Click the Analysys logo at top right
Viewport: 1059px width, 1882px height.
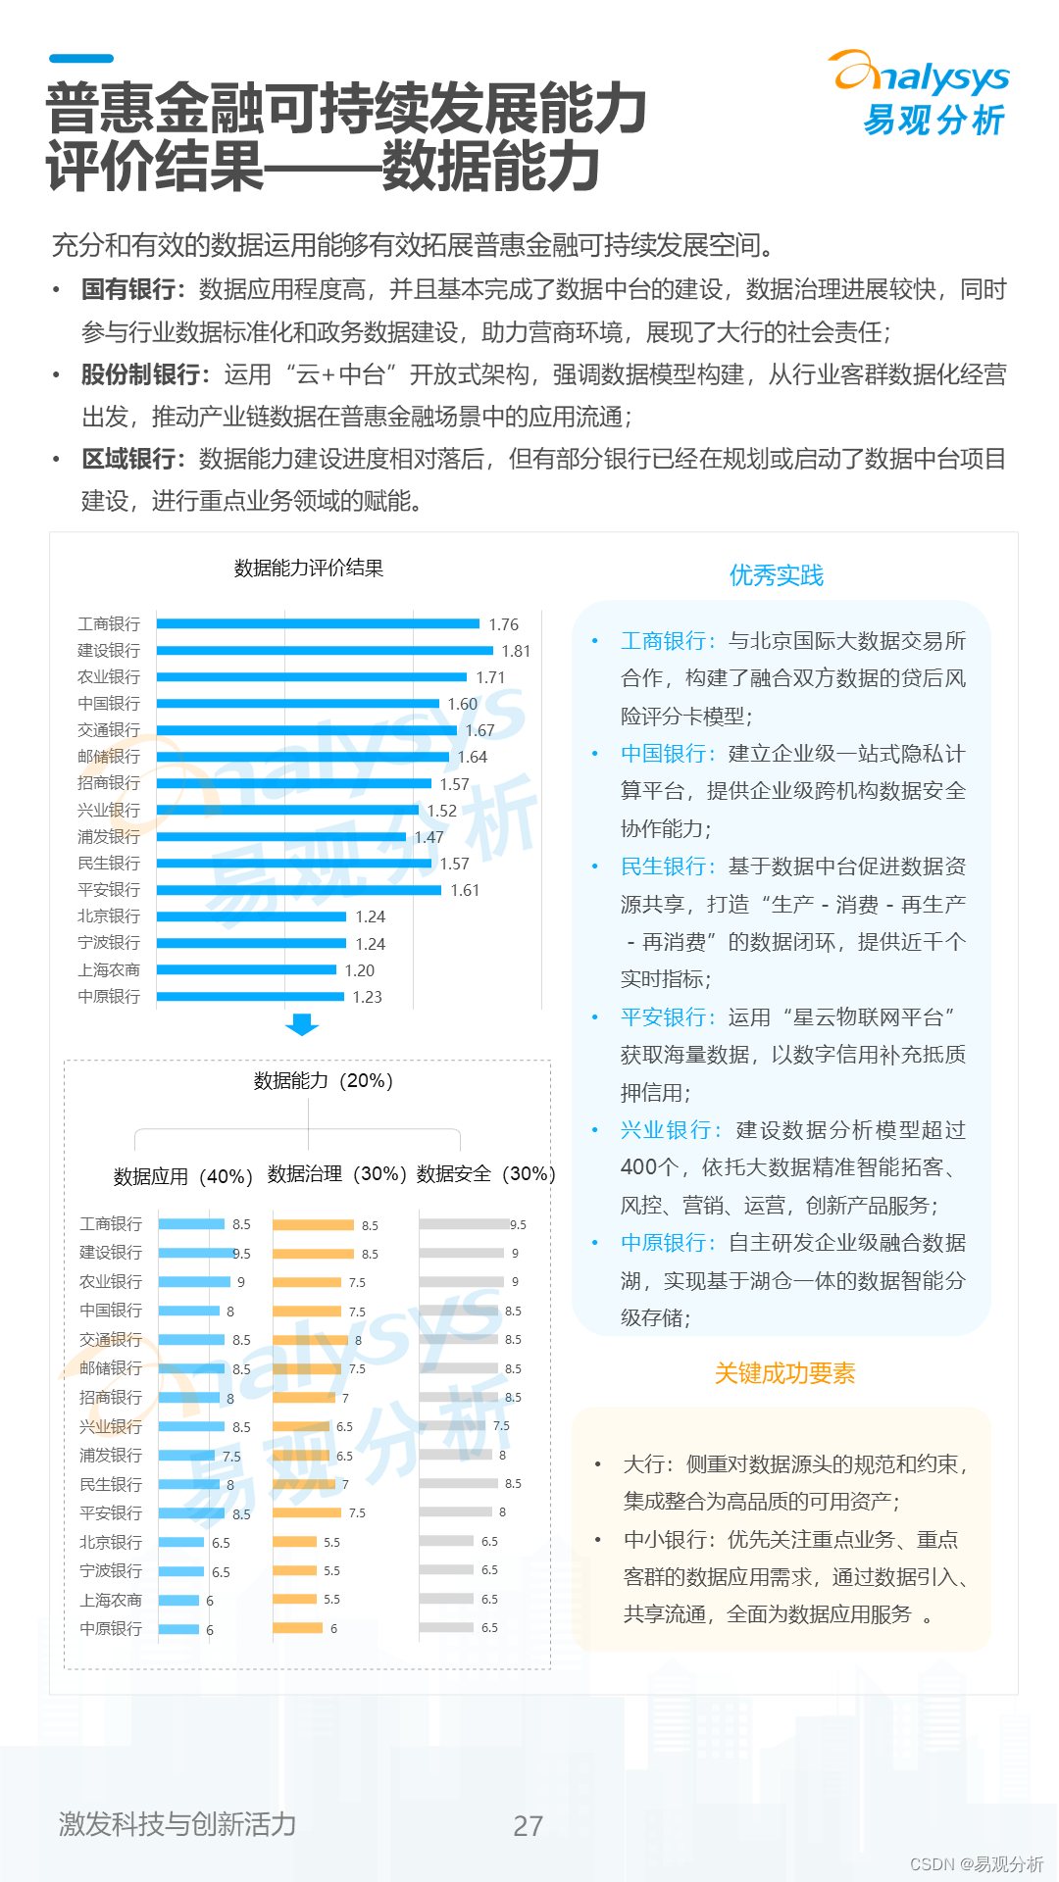pyautogui.click(x=921, y=93)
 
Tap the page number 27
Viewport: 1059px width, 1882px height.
pyautogui.click(x=528, y=1825)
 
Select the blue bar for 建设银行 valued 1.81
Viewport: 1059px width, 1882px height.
pyautogui.click(x=325, y=651)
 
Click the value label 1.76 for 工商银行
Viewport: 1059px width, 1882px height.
pyautogui.click(x=503, y=624)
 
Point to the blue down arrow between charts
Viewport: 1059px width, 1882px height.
pyautogui.click(x=302, y=1025)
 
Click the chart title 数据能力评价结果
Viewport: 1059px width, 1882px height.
pyautogui.click(x=308, y=569)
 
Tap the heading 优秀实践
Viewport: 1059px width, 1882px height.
pyautogui.click(x=777, y=575)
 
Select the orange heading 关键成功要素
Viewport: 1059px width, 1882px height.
pyautogui.click(x=784, y=1373)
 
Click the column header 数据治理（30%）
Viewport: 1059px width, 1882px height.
pyautogui.click(x=336, y=1174)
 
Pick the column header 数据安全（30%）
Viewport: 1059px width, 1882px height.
pyautogui.click(x=485, y=1174)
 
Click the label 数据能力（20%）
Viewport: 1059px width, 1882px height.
pyautogui.click(x=323, y=1081)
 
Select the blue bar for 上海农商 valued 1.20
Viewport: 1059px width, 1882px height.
pyautogui.click(x=246, y=970)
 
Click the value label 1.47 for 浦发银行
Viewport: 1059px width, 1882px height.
pyautogui.click(x=429, y=837)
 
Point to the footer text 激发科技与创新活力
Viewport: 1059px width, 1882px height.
pyautogui.click(x=177, y=1824)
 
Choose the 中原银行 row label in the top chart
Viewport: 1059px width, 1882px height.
pyautogui.click(x=109, y=997)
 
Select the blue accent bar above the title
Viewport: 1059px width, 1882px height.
pyautogui.click(x=81, y=59)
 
